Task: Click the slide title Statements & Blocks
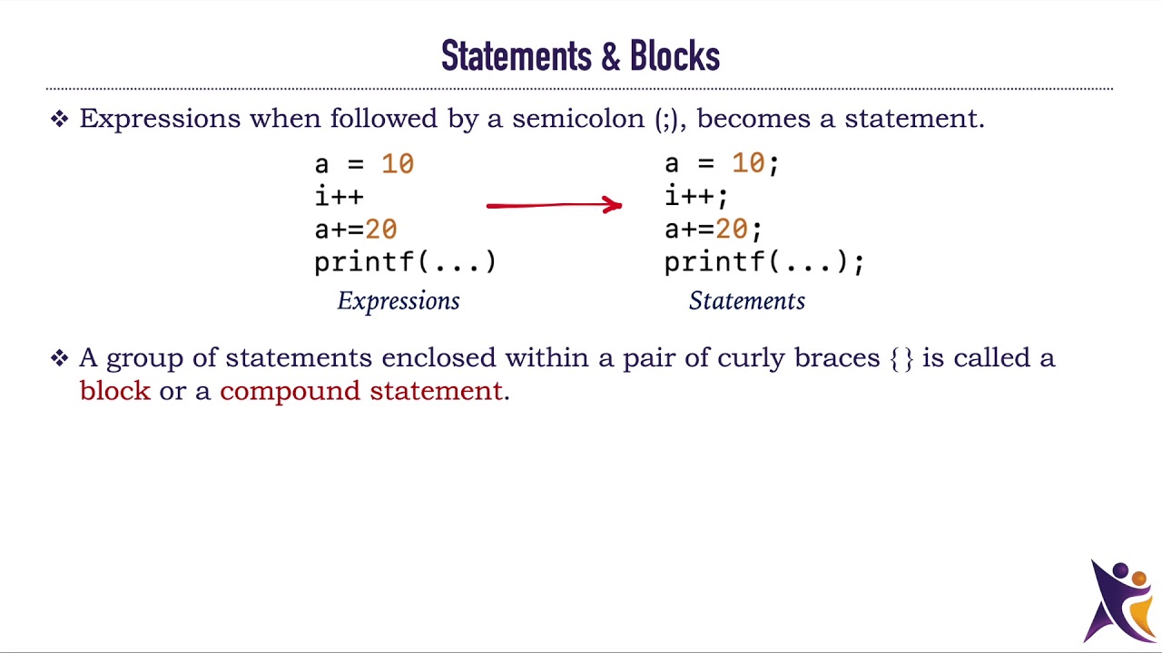tap(580, 56)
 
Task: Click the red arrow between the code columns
tap(554, 206)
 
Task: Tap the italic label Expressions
tap(399, 301)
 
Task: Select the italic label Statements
tap(747, 301)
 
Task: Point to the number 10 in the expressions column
tap(398, 164)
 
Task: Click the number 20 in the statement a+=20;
tap(732, 229)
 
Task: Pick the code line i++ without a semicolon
tap(340, 197)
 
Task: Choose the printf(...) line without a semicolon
tap(405, 262)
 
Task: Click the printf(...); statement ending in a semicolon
tap(764, 262)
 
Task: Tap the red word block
tap(115, 391)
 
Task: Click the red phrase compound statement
tap(361, 391)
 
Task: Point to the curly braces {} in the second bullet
tap(901, 358)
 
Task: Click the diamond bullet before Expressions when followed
tap(60, 119)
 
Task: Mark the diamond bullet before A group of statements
tap(60, 358)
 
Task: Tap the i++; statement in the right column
tap(696, 197)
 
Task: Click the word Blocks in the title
tap(675, 56)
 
